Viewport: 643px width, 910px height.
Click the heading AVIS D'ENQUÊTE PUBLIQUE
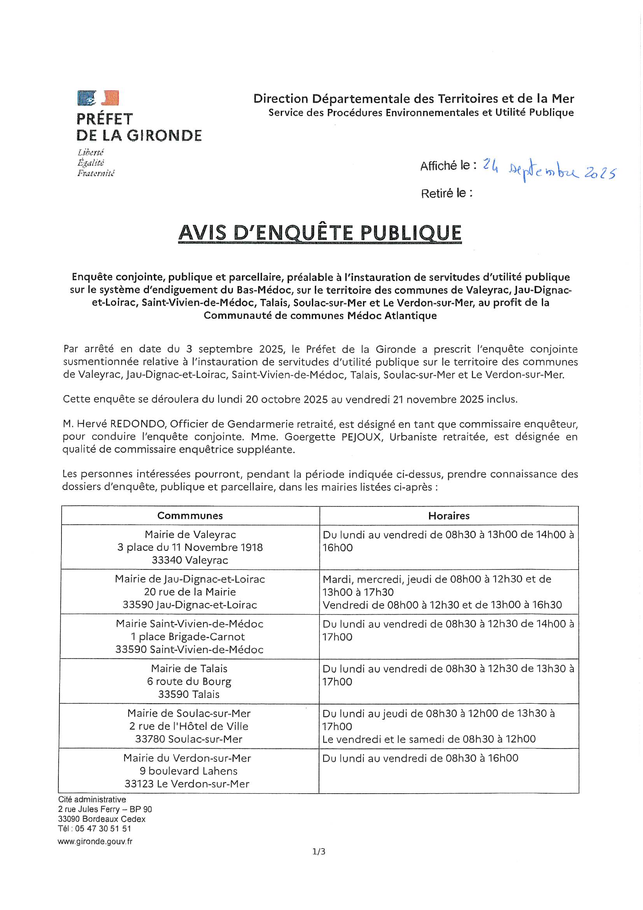(x=320, y=233)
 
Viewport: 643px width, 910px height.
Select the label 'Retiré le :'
(x=447, y=193)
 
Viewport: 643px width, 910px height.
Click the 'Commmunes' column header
(x=190, y=516)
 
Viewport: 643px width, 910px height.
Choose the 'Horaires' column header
(x=449, y=516)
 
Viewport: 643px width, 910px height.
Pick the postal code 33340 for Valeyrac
(x=166, y=560)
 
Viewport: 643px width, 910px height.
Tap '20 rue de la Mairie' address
(x=190, y=592)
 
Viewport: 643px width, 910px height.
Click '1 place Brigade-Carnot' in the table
(x=188, y=636)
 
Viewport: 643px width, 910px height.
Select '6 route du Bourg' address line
(x=189, y=681)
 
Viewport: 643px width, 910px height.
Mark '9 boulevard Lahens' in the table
(x=188, y=771)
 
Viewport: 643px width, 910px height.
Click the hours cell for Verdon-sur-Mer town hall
(x=420, y=758)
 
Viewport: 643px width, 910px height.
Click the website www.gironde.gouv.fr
(x=95, y=841)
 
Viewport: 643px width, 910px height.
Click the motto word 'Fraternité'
(x=95, y=173)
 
